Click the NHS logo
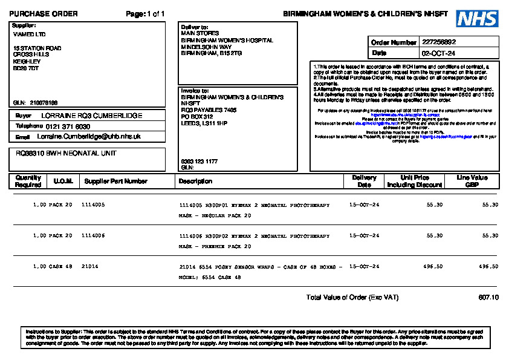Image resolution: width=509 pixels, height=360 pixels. click(x=478, y=19)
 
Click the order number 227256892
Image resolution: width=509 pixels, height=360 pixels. click(x=439, y=42)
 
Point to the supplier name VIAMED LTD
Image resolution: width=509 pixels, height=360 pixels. click(x=29, y=34)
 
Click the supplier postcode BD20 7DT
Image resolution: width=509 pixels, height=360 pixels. click(x=26, y=68)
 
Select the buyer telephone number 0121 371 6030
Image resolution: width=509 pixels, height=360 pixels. click(x=68, y=126)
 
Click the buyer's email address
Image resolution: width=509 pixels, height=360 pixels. click(x=88, y=137)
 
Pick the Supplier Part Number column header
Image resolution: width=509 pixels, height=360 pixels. click(x=115, y=182)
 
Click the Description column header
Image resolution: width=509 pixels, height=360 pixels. click(x=195, y=182)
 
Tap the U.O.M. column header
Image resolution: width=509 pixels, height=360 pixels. click(x=63, y=182)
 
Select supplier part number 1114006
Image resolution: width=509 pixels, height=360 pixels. click(x=93, y=235)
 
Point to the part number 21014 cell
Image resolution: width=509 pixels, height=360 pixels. click(x=89, y=266)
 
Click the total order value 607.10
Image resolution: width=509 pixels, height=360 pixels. click(x=488, y=298)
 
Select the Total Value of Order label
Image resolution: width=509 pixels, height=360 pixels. click(x=352, y=298)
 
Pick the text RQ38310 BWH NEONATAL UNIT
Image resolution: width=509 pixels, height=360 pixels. click(x=66, y=154)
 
